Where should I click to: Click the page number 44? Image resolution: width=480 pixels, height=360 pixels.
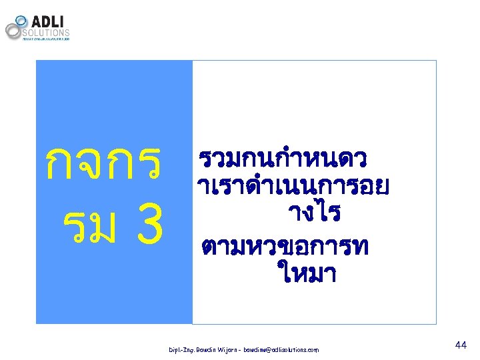pyautogui.click(x=460, y=345)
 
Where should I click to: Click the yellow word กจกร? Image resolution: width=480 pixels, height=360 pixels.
pyautogui.click(x=102, y=163)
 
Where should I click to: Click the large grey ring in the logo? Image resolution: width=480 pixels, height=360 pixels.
pyautogui.click(x=14, y=31)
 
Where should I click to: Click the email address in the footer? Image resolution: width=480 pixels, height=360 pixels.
pyautogui.click(x=281, y=350)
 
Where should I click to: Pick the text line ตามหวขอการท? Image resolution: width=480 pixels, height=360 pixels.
pyautogui.click(x=283, y=245)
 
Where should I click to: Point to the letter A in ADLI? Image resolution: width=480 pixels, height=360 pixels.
pyautogui.click(x=37, y=20)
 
